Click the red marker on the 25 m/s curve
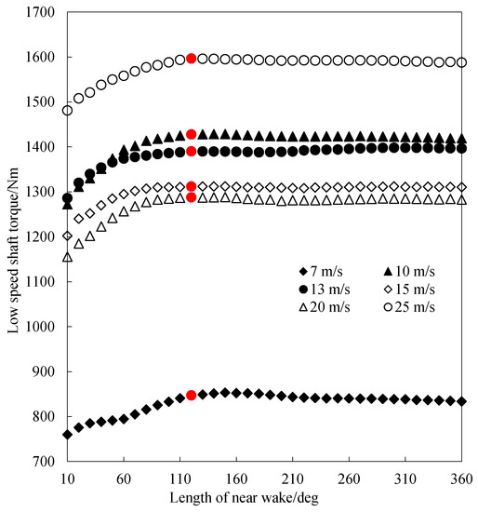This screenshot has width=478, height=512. tap(192, 59)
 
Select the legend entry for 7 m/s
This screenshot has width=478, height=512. tap(317, 271)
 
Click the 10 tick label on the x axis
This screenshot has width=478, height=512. tap(67, 478)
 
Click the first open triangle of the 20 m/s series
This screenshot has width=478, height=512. tap(67, 256)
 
